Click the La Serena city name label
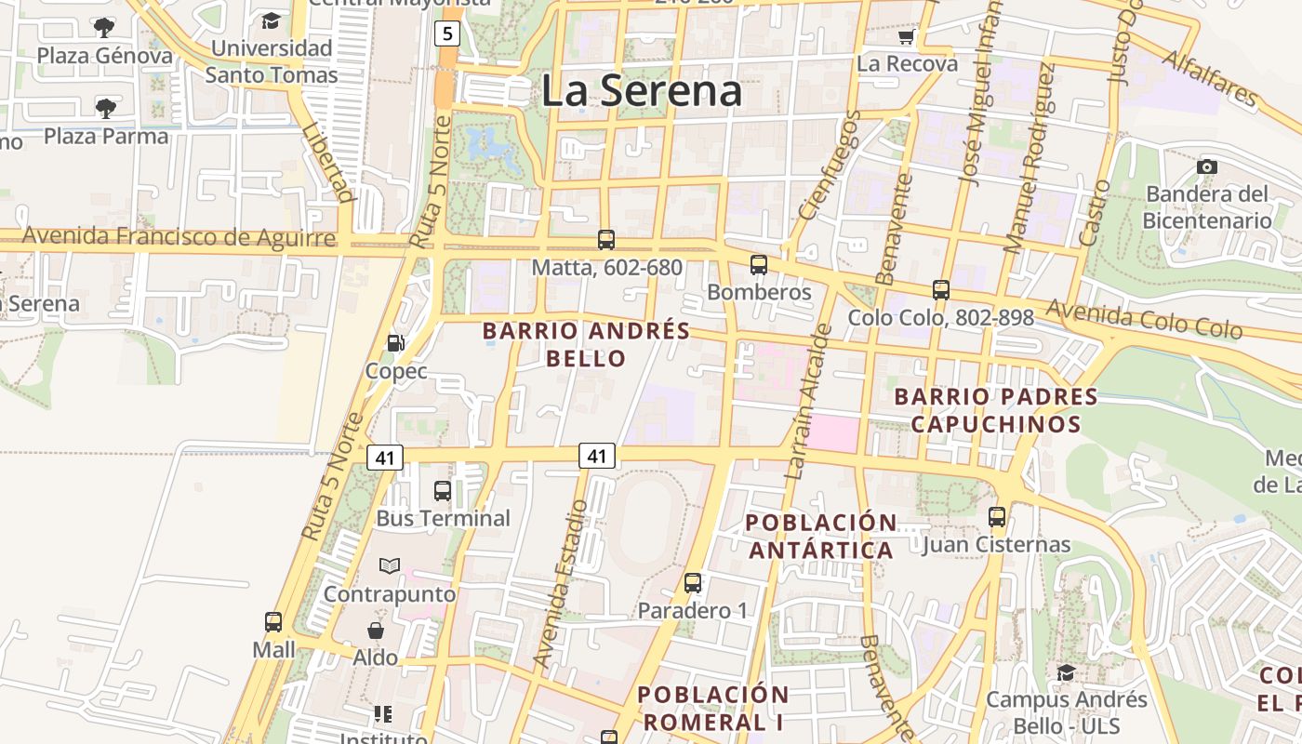(x=641, y=91)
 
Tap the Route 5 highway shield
(x=447, y=34)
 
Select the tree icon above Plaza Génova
(x=105, y=27)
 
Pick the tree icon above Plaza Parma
(x=106, y=108)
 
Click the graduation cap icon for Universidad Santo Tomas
(x=271, y=20)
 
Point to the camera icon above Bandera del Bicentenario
(x=1207, y=166)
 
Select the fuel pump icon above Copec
(x=396, y=343)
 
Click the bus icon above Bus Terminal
(x=443, y=490)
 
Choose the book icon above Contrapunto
(x=390, y=565)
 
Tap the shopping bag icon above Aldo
(x=376, y=631)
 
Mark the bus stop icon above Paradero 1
(x=693, y=583)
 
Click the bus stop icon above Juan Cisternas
(x=997, y=516)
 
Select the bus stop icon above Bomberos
(x=759, y=265)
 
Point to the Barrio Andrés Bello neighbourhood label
(x=586, y=344)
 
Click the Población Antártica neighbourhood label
(x=821, y=536)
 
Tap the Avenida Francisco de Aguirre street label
(x=179, y=236)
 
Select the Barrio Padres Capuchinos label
(x=995, y=410)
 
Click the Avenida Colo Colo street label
(x=1144, y=319)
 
